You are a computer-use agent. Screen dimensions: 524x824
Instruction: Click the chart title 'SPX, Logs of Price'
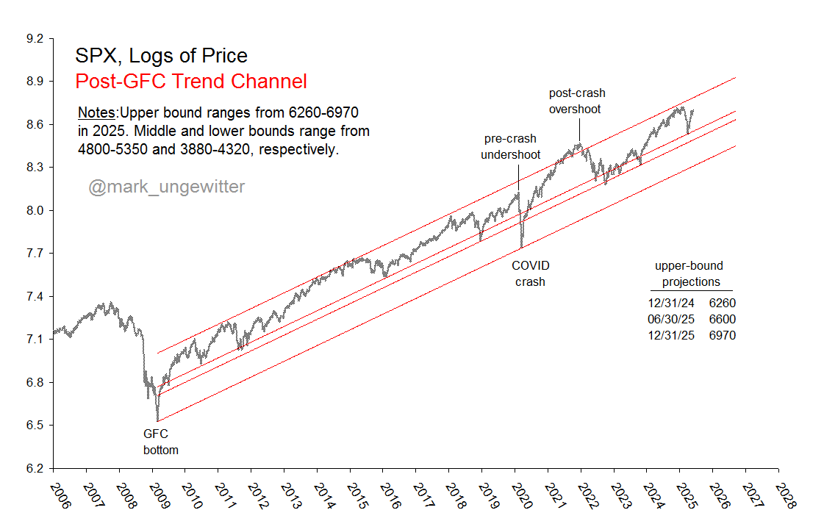coord(161,56)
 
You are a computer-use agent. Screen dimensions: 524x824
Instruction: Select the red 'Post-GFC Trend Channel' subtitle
coord(191,82)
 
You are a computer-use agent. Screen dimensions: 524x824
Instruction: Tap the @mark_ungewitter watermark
coord(167,187)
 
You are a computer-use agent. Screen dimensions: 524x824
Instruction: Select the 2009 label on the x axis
coord(157,495)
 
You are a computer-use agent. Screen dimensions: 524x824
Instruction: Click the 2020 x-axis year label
coord(520,495)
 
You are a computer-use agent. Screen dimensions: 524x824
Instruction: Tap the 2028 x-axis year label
coord(784,495)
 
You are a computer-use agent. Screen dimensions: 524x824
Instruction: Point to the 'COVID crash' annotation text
coord(530,273)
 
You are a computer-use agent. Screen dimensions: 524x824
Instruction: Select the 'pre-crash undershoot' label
coord(510,146)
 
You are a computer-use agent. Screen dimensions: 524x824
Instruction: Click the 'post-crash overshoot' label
coord(577,101)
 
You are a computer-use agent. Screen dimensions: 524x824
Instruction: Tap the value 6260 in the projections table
coord(723,303)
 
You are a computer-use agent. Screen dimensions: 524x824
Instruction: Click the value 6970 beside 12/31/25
coord(723,335)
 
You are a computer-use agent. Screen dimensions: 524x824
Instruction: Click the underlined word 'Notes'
coord(97,113)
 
